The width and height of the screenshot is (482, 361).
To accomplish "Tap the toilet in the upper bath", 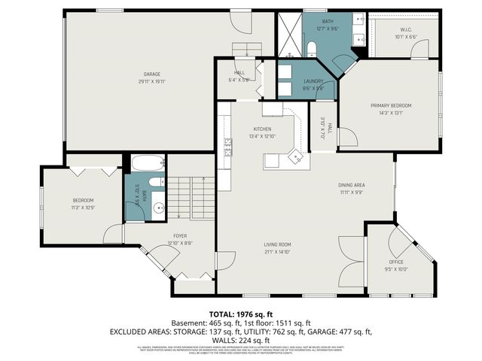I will tap(311, 48).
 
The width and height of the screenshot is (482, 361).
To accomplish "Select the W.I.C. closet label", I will tap(406, 30).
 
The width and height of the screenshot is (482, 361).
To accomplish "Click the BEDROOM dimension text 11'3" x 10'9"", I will tap(83, 207).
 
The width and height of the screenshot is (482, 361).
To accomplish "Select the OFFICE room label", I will tap(396, 262).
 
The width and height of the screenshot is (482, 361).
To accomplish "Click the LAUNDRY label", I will tap(313, 81).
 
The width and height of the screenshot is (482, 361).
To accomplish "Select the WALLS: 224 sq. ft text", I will tap(241, 340).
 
